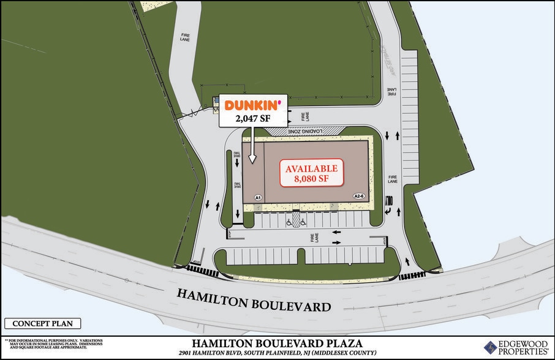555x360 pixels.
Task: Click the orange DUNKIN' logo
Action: pyautogui.click(x=253, y=105)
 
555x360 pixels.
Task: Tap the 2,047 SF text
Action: pyautogui.click(x=253, y=118)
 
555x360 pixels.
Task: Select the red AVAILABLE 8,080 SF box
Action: pyautogui.click(x=309, y=174)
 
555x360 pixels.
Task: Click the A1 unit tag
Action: pyautogui.click(x=259, y=198)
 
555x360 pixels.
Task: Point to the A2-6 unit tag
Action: pyautogui.click(x=359, y=196)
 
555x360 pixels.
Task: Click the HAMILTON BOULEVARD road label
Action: pyautogui.click(x=254, y=299)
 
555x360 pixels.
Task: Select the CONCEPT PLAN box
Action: pyautogui.click(x=42, y=324)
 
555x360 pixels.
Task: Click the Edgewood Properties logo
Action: pyautogui.click(x=516, y=347)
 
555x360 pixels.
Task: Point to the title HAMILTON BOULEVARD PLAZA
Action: pyautogui.click(x=277, y=343)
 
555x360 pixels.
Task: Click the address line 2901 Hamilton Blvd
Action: pyautogui.click(x=277, y=354)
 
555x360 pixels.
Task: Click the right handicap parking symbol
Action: pyautogui.click(x=304, y=223)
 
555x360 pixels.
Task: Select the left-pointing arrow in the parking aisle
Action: pyautogui.click(x=336, y=233)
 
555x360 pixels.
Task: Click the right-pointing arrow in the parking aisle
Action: pyautogui.click(x=336, y=243)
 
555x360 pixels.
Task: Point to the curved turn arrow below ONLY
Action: pyautogui.click(x=388, y=211)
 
